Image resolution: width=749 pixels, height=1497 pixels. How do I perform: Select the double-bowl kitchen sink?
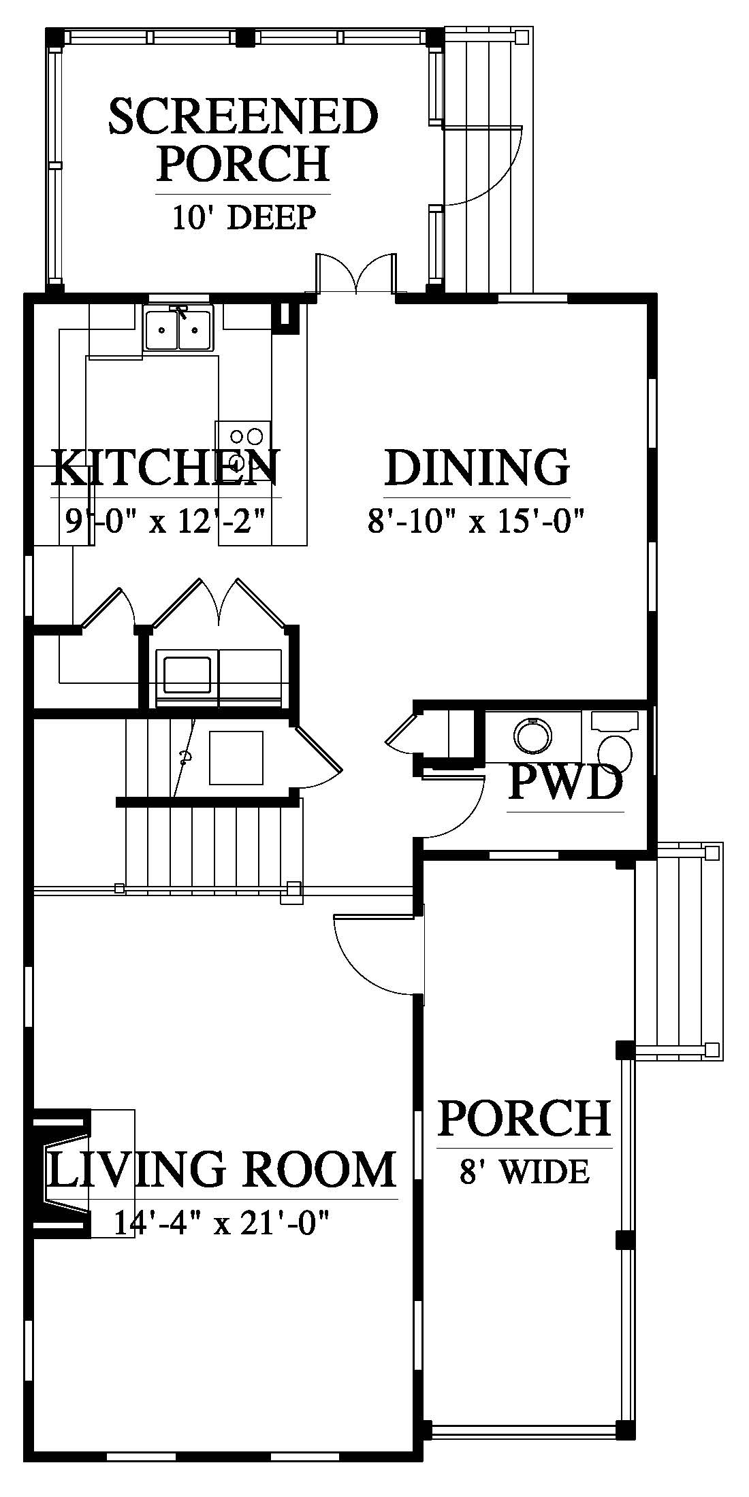click(178, 328)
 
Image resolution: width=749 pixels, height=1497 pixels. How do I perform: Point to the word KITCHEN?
click(165, 467)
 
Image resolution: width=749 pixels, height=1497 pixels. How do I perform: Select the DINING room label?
click(477, 467)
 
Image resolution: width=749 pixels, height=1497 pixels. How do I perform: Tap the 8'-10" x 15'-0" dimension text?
click(477, 522)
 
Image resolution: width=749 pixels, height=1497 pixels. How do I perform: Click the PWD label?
click(566, 783)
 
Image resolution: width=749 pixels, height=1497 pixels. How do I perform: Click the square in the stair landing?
click(236, 757)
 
